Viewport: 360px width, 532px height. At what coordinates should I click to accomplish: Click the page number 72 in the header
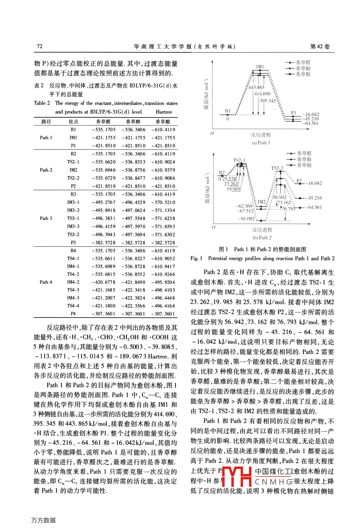point(40,46)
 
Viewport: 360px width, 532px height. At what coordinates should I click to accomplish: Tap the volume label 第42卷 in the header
point(320,46)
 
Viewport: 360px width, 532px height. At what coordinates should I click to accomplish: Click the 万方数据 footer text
point(43,520)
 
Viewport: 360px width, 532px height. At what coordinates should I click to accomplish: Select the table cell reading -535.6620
point(103,162)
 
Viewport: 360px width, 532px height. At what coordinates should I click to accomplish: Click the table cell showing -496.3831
point(103,218)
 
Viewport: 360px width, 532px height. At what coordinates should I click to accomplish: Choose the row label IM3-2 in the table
point(73,210)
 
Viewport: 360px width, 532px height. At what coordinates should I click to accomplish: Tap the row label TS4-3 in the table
point(73,290)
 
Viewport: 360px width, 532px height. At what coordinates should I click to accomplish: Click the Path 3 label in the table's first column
point(46,218)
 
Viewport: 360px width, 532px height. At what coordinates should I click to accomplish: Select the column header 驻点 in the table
point(73,121)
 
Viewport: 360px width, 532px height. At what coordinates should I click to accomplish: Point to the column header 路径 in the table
point(46,121)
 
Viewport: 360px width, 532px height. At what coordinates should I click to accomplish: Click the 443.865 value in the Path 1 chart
point(256,87)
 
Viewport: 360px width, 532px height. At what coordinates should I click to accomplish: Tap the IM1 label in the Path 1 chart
point(260,67)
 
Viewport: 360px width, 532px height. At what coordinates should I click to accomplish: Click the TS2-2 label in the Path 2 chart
point(277,168)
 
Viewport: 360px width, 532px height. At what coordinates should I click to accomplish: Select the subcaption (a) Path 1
point(261,143)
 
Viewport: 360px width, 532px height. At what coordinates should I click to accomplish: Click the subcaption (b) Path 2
point(262,238)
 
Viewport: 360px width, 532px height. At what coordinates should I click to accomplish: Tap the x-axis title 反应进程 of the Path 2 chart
point(262,230)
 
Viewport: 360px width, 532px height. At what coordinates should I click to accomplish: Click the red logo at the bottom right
point(237,476)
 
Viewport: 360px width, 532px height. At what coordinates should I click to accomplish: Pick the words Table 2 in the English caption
point(42,103)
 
